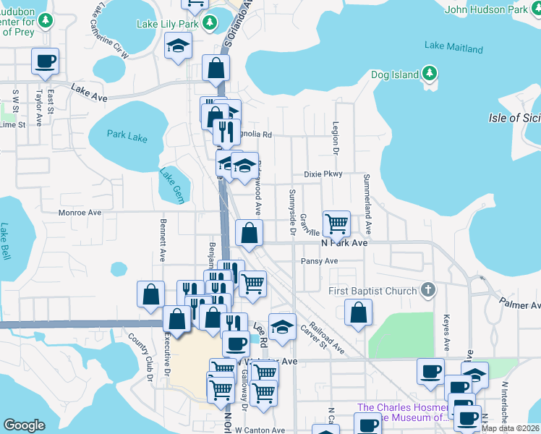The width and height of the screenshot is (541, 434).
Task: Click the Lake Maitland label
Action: coord(453,48)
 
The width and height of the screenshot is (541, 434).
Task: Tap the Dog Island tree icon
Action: coord(429,74)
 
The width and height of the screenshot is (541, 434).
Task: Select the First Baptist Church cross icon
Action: coord(428,291)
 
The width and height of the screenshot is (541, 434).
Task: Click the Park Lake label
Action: coord(127,134)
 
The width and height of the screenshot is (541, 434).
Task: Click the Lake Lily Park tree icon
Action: coord(210,24)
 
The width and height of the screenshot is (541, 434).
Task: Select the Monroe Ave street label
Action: coord(80,213)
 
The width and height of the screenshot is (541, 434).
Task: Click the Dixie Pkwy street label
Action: coord(323,174)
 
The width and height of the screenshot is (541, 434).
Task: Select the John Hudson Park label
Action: coord(487,10)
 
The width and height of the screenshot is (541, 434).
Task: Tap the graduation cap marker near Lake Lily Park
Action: coord(176,47)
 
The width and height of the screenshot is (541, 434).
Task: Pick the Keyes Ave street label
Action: coord(447,334)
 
